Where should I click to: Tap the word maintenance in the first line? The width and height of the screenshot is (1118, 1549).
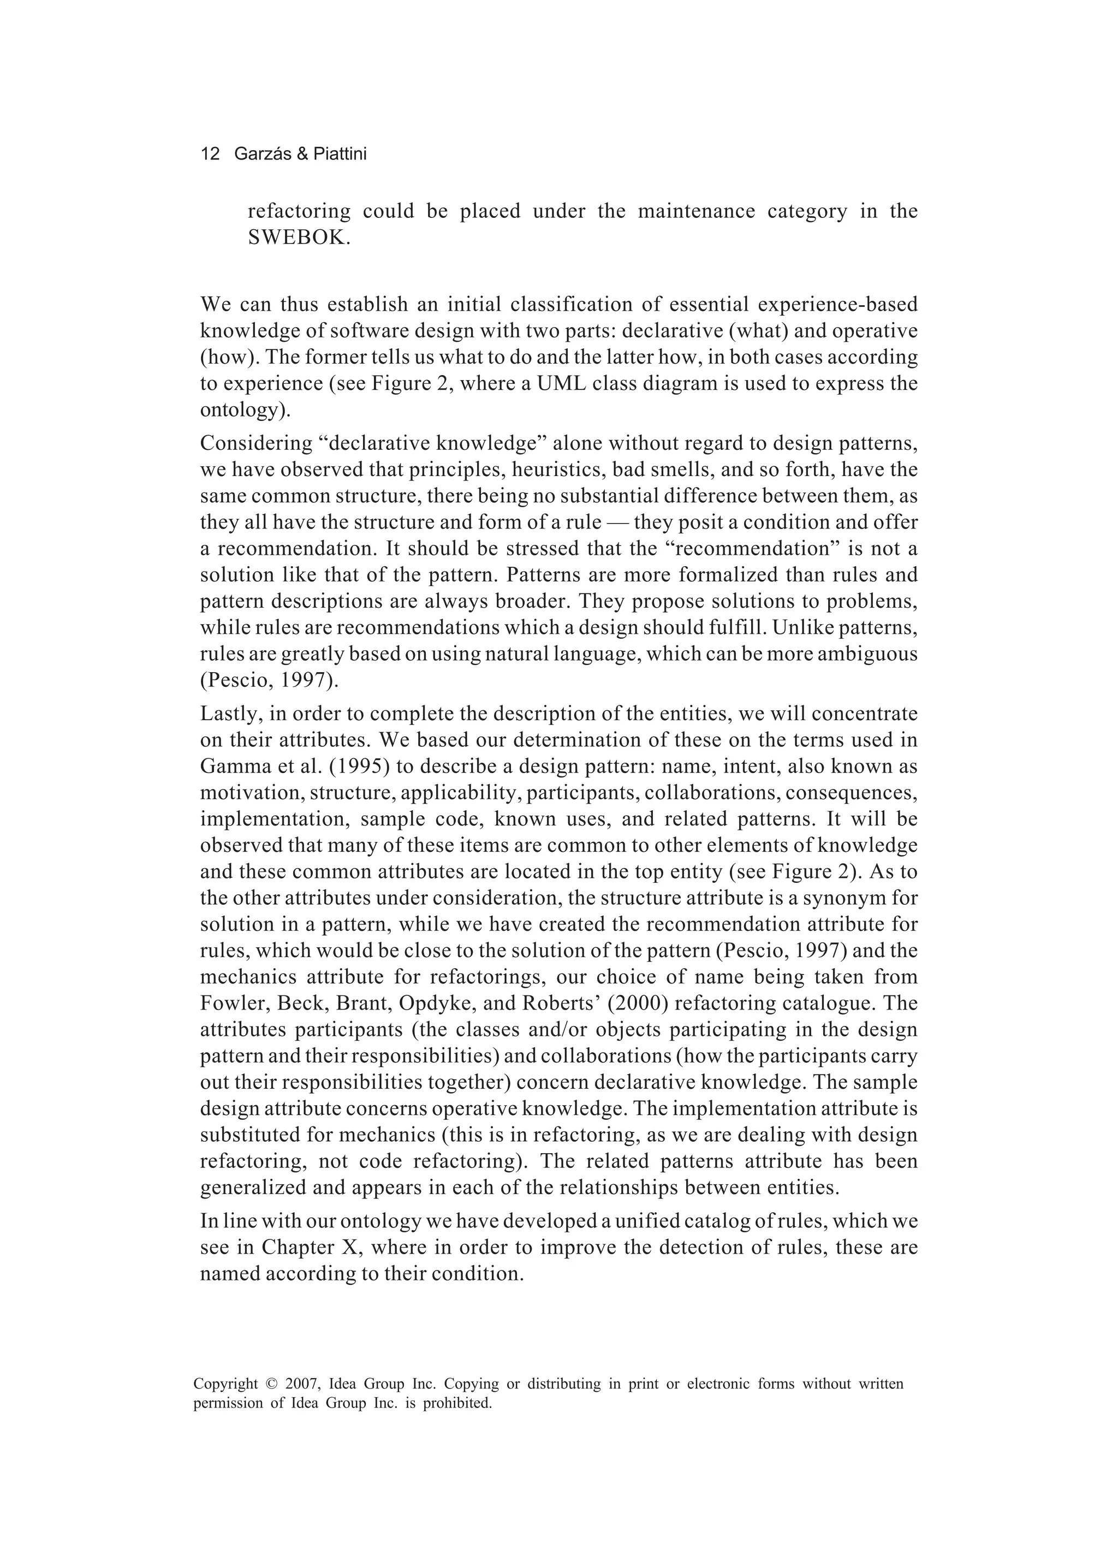click(x=696, y=211)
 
